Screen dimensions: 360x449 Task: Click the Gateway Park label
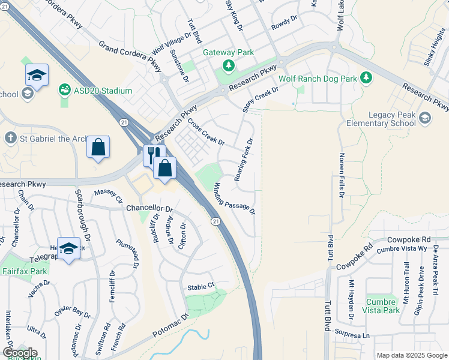click(229, 53)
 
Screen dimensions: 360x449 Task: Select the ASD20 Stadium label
click(103, 91)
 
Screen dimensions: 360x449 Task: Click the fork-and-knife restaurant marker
click(152, 155)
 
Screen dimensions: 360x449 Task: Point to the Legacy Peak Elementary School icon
click(426, 118)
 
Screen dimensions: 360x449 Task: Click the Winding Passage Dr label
click(235, 199)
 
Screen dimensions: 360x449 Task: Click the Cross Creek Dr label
click(206, 131)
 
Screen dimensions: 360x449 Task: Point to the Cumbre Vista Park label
click(382, 306)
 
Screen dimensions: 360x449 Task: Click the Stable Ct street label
click(200, 287)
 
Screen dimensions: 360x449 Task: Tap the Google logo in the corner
click(20, 353)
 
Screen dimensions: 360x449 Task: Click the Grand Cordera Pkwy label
click(131, 55)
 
